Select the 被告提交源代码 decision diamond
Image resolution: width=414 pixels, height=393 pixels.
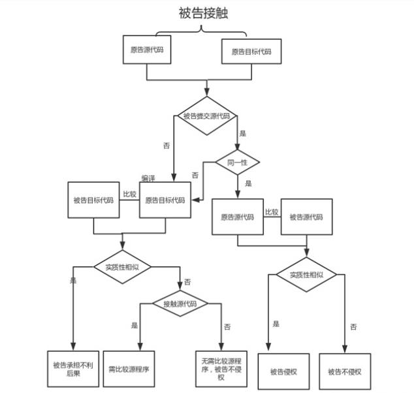[206, 116]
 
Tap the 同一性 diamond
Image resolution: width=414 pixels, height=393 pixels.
[237, 161]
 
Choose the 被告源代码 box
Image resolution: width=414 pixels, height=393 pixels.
[306, 217]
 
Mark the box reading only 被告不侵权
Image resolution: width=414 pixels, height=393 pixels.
[344, 372]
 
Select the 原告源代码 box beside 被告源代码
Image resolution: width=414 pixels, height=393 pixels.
[237, 217]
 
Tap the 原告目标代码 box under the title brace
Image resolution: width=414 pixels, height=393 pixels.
[251, 51]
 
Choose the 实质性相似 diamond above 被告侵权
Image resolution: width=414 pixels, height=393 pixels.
[306, 275]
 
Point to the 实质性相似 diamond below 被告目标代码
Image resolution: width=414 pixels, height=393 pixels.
[122, 266]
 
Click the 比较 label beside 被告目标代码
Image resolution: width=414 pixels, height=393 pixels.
[129, 194]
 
